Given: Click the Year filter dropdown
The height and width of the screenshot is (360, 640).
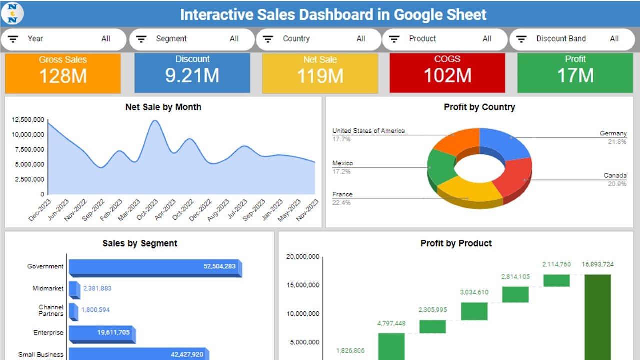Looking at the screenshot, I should click(x=63, y=39).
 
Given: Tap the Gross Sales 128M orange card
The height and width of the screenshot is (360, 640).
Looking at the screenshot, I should click(x=63, y=73).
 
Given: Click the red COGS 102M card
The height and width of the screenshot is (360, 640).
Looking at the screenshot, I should click(x=447, y=73).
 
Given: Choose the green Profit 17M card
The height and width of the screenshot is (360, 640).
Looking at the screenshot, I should click(x=575, y=73).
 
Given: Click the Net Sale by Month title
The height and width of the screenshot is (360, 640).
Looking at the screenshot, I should click(x=163, y=107).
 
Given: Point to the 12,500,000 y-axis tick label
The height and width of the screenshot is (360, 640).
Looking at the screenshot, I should click(x=28, y=120).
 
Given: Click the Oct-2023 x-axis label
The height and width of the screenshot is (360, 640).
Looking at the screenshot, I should click(x=147, y=210).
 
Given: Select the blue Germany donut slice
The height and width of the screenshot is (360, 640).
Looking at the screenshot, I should click(x=505, y=142).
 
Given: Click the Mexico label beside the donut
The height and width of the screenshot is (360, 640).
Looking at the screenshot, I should click(x=342, y=163).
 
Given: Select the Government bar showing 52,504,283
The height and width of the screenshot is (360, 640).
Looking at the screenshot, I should click(x=155, y=267).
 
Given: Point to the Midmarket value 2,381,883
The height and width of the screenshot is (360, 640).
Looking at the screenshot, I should click(x=97, y=288).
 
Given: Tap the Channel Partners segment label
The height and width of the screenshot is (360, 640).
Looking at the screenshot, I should click(x=51, y=310).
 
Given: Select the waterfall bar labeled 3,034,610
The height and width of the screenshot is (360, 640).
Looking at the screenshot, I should click(x=474, y=311).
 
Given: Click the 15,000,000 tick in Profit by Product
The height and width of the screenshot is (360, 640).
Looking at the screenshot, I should click(x=303, y=285).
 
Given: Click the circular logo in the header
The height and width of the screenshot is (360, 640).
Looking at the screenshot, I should click(x=12, y=13).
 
